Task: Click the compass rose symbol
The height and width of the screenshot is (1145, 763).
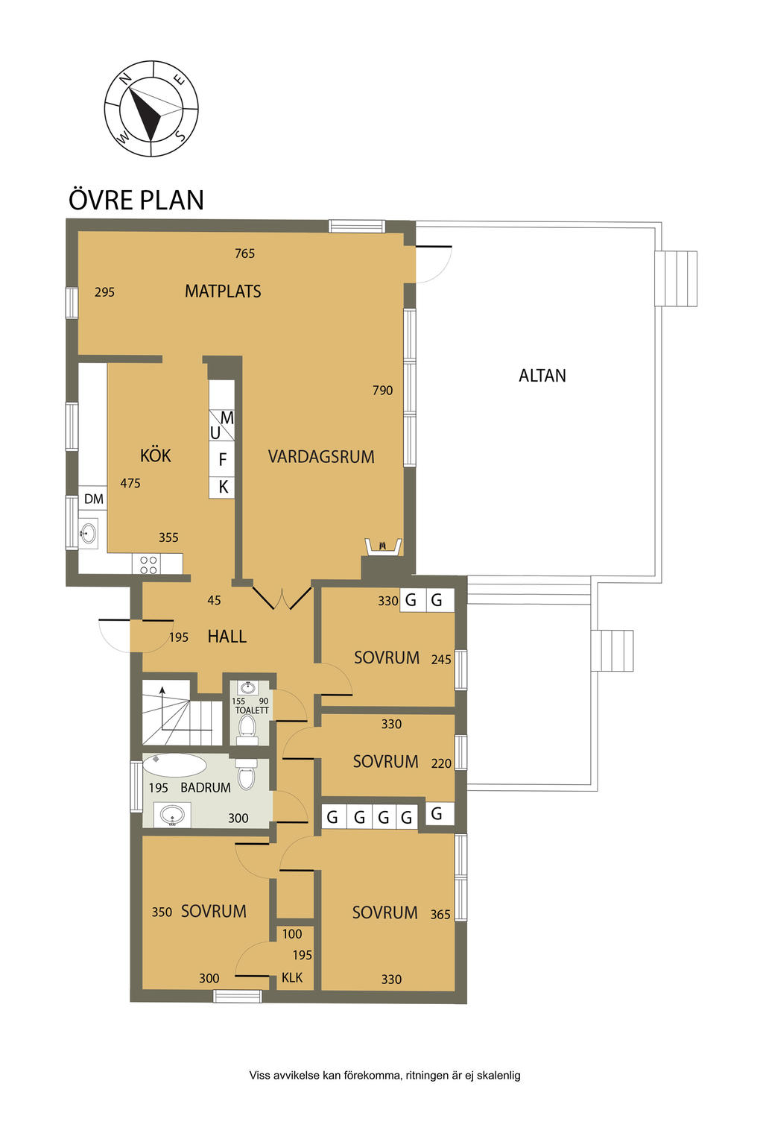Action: pyautogui.click(x=151, y=109)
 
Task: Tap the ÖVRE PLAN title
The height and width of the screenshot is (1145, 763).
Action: pyautogui.click(x=136, y=200)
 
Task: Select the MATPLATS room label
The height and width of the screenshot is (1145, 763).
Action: pyautogui.click(x=223, y=291)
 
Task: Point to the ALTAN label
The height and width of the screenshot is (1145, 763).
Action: pyautogui.click(x=542, y=376)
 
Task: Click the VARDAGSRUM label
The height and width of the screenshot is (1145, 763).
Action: pyautogui.click(x=321, y=456)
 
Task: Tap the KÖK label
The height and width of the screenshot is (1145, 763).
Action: pyautogui.click(x=156, y=455)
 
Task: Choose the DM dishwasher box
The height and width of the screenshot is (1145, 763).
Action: pyautogui.click(x=93, y=499)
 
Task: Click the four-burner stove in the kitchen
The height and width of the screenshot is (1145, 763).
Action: pyautogui.click(x=148, y=565)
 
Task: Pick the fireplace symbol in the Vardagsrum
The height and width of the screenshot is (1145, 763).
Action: pyautogui.click(x=383, y=546)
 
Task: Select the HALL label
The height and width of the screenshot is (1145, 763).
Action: pyautogui.click(x=227, y=637)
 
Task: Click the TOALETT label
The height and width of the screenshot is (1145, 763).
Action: pyautogui.click(x=251, y=710)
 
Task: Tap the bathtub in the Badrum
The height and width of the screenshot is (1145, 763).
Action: pyautogui.click(x=174, y=766)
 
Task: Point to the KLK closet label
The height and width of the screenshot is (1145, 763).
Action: pyautogui.click(x=292, y=978)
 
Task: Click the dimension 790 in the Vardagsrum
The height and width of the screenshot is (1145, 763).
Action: pyautogui.click(x=382, y=391)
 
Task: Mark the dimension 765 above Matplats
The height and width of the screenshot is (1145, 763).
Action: pyautogui.click(x=244, y=253)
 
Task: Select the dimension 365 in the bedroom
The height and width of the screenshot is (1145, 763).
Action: pyautogui.click(x=440, y=915)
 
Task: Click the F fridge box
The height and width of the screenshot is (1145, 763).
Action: pyautogui.click(x=222, y=459)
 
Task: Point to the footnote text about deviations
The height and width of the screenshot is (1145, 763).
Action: pyautogui.click(x=384, y=1075)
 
